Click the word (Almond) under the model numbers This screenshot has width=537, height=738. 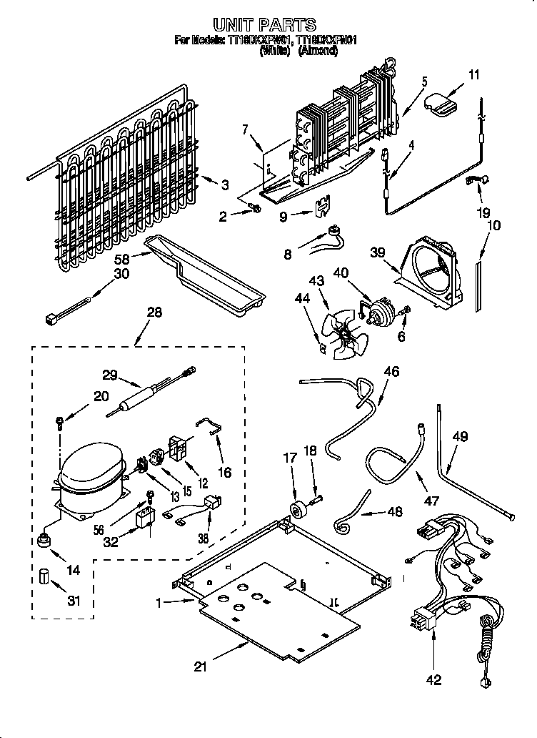tap(318, 51)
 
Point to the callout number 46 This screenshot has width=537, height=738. tap(391, 371)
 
